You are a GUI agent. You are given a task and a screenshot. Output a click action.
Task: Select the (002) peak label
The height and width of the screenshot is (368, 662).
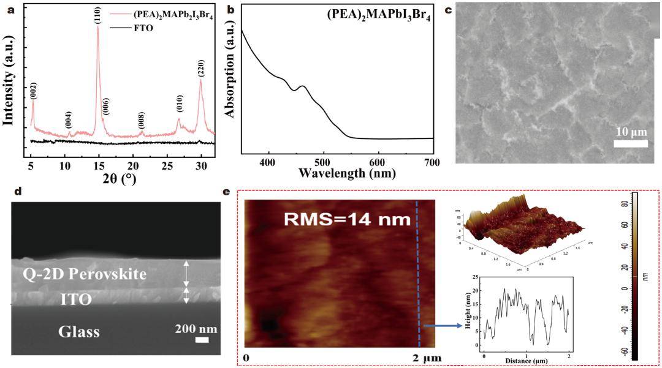pyautogui.click(x=34, y=91)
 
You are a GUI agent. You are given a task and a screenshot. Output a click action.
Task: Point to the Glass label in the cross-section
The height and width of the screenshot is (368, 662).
pyautogui.click(x=79, y=332)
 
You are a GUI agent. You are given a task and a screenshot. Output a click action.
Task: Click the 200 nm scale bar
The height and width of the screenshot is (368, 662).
pyautogui.click(x=202, y=339)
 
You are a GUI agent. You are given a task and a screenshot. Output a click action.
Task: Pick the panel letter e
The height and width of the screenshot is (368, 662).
pyautogui.click(x=227, y=192)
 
